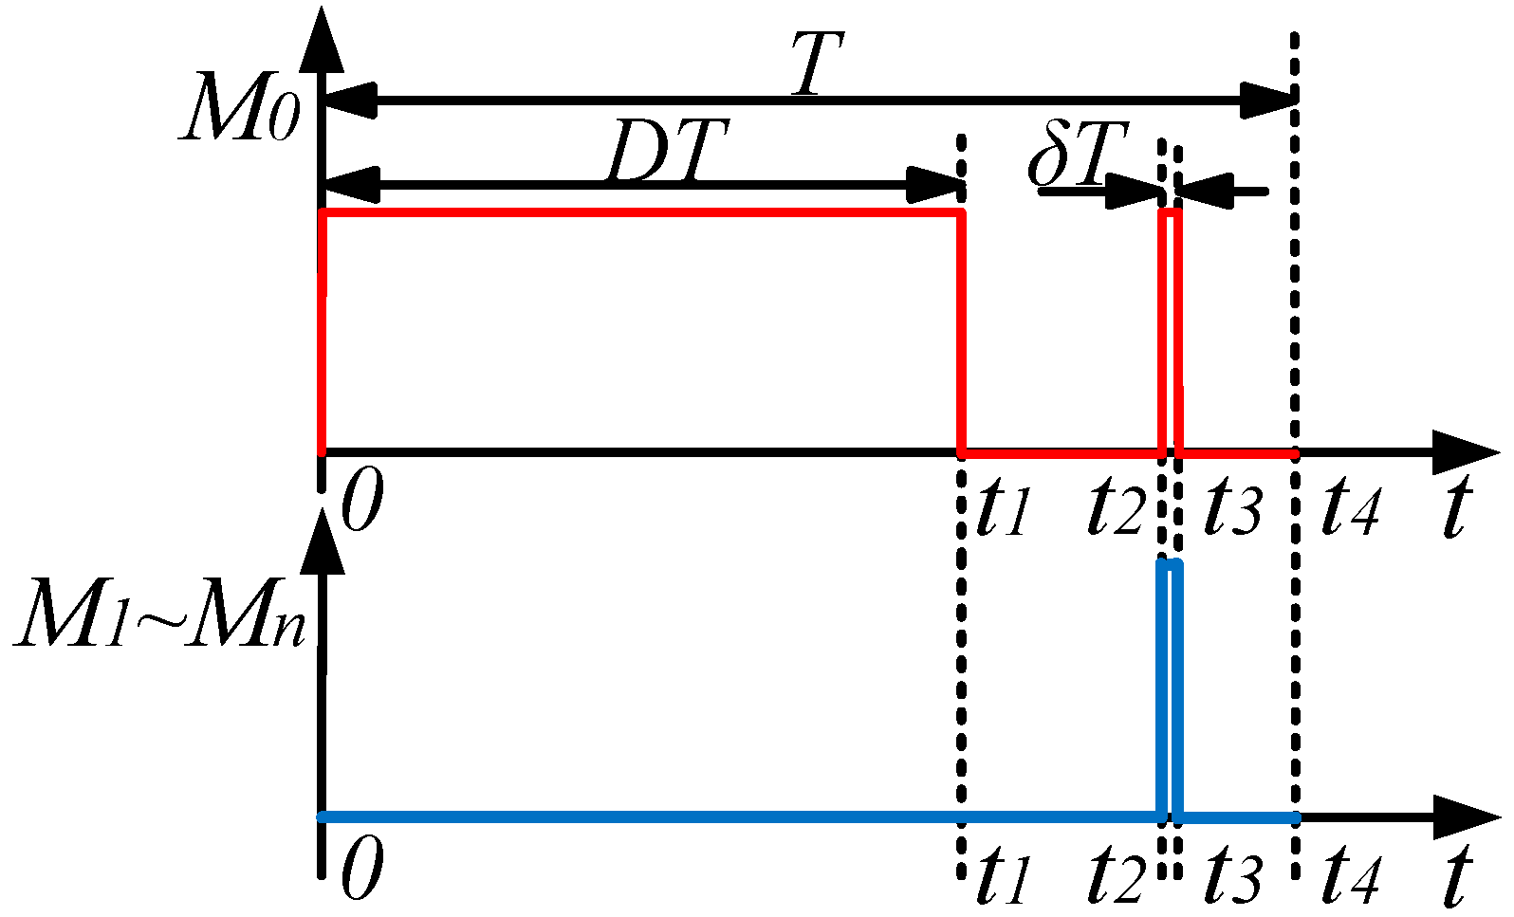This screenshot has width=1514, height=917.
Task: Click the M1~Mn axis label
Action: pos(161,617)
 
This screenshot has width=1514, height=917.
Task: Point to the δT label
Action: pos(1078,154)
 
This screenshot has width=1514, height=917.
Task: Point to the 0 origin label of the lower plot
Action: pos(361,871)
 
